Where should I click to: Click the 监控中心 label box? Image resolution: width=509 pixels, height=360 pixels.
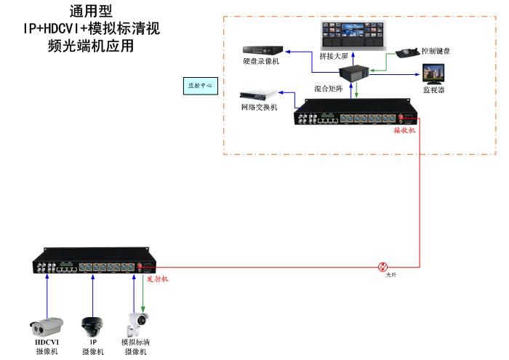coord(200,85)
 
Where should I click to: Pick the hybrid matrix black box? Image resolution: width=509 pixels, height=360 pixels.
coord(356,76)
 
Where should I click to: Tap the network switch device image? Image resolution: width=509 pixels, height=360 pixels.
coord(260,95)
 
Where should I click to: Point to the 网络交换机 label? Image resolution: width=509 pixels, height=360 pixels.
coord(259,108)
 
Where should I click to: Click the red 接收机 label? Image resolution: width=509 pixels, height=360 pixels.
coord(404,131)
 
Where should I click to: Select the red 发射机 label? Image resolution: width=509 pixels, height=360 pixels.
coord(158,279)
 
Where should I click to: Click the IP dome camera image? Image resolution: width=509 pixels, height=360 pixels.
coord(92,324)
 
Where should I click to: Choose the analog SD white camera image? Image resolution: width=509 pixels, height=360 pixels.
coord(137,321)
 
